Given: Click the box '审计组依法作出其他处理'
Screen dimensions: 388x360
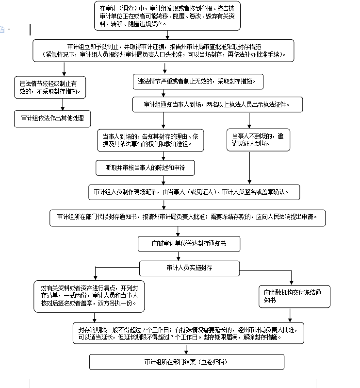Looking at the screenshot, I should (x=52, y=118).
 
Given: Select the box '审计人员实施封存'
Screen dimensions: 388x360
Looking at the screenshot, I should (x=189, y=268).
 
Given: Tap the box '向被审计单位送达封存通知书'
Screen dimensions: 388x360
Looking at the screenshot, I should (x=189, y=244).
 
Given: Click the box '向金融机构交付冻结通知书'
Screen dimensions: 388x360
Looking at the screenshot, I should (x=294, y=296).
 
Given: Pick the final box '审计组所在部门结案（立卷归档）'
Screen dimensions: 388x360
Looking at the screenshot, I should (x=186, y=362).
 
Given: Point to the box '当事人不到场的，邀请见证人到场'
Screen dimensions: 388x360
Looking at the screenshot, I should (x=258, y=140).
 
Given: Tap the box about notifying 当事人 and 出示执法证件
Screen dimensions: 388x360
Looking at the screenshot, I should (x=217, y=104).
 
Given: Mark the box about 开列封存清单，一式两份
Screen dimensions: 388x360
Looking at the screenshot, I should (x=89, y=296).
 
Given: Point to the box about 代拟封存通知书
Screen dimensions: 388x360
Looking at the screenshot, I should (x=187, y=218).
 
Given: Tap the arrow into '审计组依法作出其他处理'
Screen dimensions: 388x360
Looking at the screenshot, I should (x=62, y=104).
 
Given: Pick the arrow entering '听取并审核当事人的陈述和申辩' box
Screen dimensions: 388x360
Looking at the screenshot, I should (x=164, y=156).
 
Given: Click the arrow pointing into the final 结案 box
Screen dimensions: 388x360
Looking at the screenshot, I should (x=178, y=349).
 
